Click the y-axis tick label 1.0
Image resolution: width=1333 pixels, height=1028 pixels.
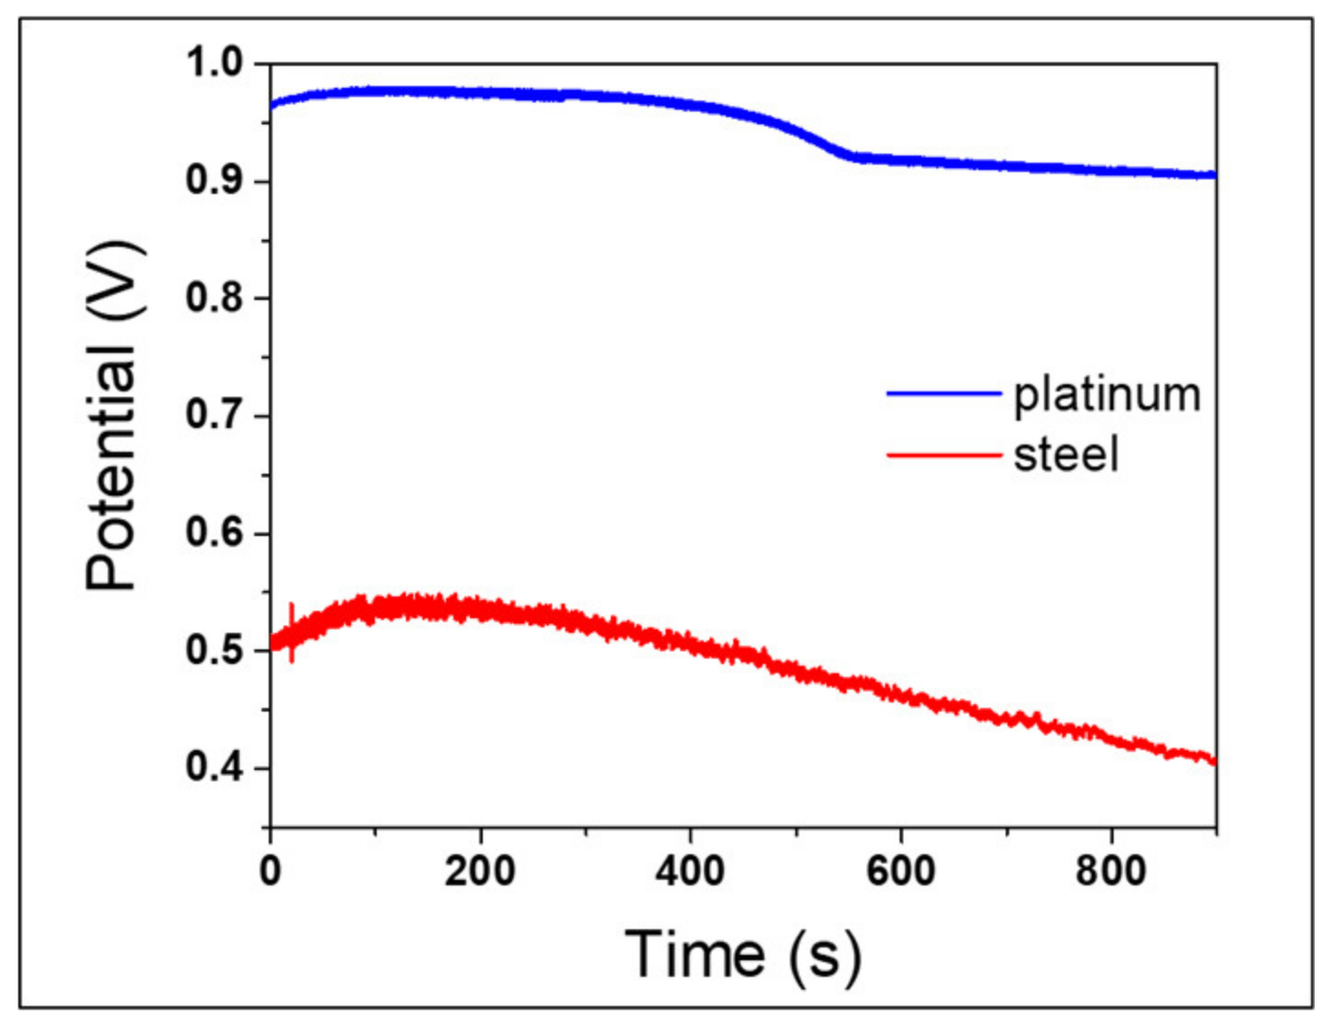[214, 63]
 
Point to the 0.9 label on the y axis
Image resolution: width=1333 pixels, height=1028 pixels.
[214, 181]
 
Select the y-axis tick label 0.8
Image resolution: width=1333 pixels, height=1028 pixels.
[214, 298]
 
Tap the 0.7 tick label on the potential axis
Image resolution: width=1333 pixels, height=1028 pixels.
[214, 415]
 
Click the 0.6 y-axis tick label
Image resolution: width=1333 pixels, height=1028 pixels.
[214, 532]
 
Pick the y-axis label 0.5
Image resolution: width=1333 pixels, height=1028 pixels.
[214, 650]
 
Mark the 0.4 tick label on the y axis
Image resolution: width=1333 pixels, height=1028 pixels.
[214, 767]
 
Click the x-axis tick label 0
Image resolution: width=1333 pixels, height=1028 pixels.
[270, 871]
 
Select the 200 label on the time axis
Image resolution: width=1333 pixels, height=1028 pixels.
[480, 871]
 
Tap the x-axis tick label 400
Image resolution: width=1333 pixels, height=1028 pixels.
[690, 871]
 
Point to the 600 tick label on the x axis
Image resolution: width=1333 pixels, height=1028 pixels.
[901, 871]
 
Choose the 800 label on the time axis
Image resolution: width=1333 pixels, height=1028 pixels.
[1111, 871]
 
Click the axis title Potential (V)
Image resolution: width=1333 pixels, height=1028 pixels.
[112, 416]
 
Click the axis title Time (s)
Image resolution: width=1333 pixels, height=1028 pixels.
[742, 956]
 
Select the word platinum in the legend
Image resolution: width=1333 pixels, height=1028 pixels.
[1107, 395]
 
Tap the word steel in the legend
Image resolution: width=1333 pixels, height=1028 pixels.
[1066, 455]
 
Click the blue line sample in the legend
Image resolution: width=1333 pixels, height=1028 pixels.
[944, 393]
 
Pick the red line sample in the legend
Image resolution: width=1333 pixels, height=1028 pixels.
[944, 455]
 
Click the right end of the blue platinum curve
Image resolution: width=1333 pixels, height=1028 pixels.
[1213, 175]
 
